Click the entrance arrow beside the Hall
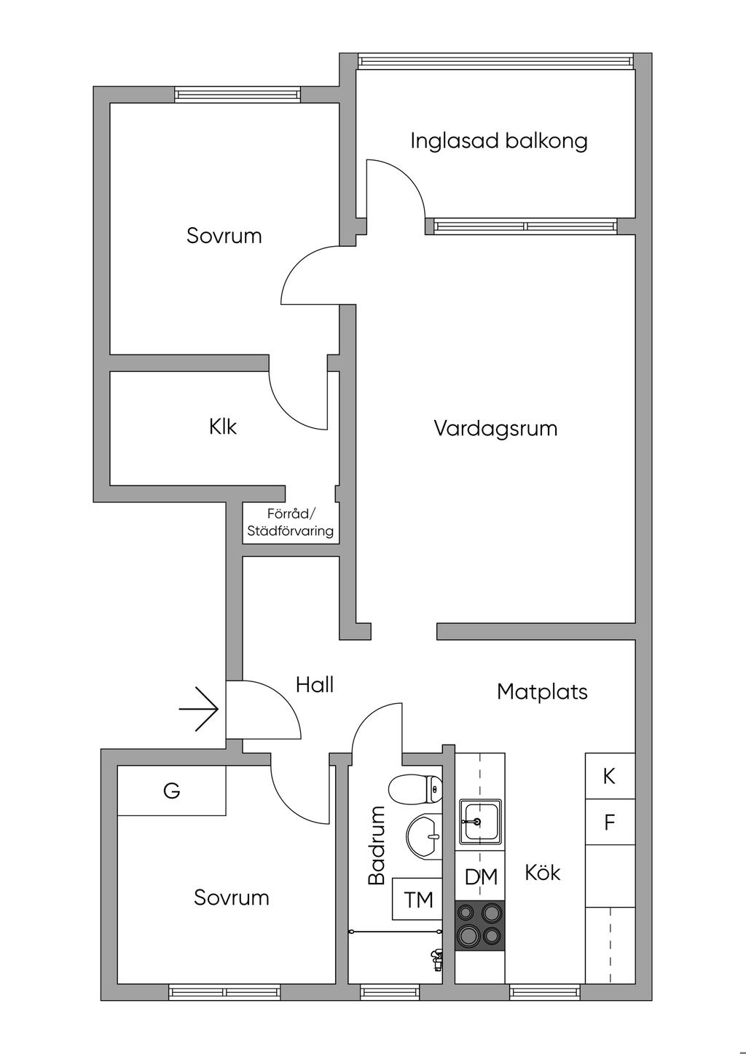coord(199,708)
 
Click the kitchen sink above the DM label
coord(479,822)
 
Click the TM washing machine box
coord(418,900)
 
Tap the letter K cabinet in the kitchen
coord(610,776)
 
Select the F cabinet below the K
coord(610,823)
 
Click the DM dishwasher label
coord(481,876)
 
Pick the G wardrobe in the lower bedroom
coord(172,790)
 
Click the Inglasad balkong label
coord(498,140)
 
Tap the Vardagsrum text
coord(495,428)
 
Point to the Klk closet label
coord(222,427)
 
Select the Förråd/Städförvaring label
coord(290,523)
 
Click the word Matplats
coord(542,692)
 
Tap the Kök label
coord(543,872)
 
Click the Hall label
coord(315,684)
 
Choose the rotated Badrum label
coord(377,845)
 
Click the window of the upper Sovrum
coord(237,95)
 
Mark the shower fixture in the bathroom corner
coord(437,959)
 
